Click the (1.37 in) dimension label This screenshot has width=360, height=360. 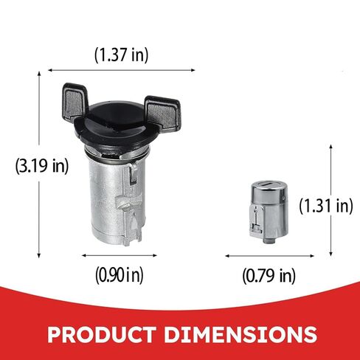(122, 55)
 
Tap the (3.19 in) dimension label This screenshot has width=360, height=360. (42, 166)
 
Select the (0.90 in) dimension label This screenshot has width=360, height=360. (120, 275)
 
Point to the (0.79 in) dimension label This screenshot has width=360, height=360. (269, 276)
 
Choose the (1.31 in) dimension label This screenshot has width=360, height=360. (326, 206)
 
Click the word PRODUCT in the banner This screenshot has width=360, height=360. (102, 334)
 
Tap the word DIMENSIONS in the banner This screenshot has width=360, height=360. (240, 334)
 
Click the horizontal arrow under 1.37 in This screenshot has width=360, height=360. (122, 70)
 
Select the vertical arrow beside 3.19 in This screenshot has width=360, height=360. (38, 165)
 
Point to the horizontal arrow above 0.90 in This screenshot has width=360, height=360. (120, 255)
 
